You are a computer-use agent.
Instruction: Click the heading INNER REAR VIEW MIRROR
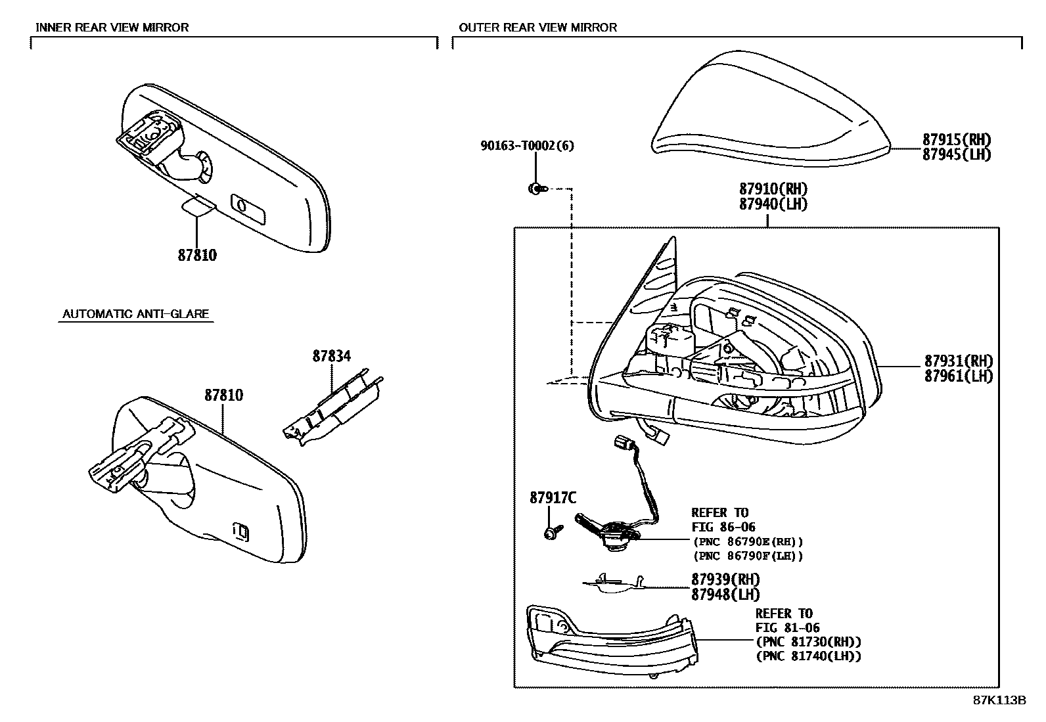pos(112,28)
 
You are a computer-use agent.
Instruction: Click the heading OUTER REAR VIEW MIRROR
pos(537,28)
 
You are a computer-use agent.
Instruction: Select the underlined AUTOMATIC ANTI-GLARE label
pos(135,314)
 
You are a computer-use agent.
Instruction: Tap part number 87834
pos(331,356)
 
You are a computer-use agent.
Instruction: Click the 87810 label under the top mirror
pos(197,255)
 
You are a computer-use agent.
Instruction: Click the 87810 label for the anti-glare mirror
pos(223,395)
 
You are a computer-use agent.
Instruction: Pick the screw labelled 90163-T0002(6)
pos(535,189)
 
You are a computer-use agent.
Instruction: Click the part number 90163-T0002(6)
pos(526,146)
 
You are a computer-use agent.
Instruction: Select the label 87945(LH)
pos(956,155)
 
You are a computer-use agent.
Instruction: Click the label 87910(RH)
pos(773,190)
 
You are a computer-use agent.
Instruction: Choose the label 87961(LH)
pos(959,376)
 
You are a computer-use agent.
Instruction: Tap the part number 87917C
pos(553,499)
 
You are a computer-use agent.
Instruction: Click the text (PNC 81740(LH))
pos(808,656)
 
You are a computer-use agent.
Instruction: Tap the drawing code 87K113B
pos(999,700)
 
